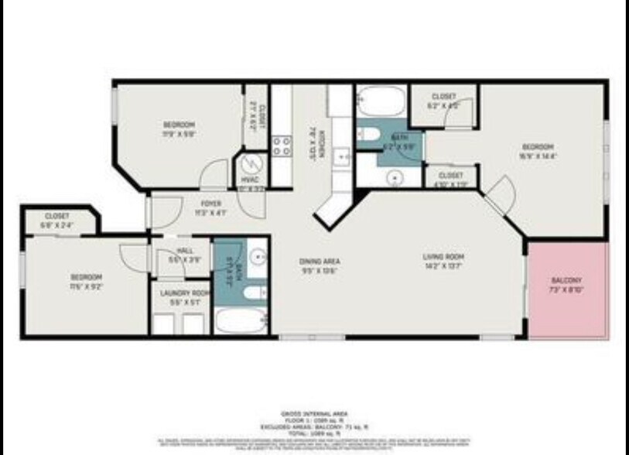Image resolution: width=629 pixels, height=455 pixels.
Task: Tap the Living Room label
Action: (x=442, y=262)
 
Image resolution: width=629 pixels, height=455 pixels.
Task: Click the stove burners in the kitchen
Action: (x=281, y=146)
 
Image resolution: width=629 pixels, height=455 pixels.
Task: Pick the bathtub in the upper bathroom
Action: (x=380, y=102)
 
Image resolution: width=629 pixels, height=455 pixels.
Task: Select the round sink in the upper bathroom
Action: (x=395, y=177)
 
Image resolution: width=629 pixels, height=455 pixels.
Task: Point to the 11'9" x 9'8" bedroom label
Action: (x=178, y=128)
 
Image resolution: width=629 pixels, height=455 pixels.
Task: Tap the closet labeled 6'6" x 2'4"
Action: (x=56, y=220)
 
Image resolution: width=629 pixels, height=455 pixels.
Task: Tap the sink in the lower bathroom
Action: (x=258, y=256)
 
